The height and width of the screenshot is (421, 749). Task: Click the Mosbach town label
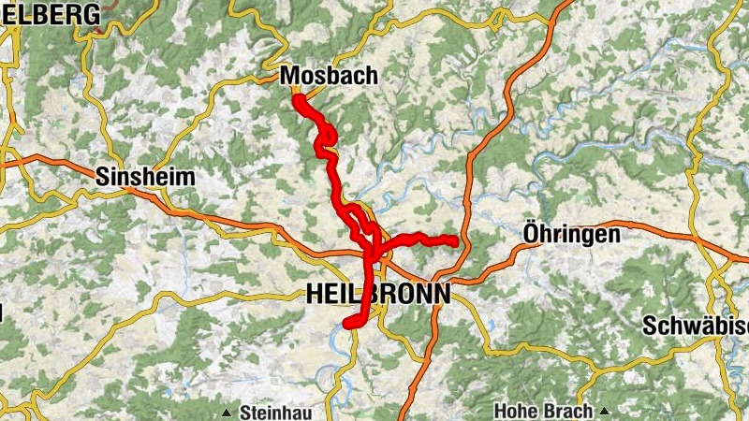click(x=328, y=76)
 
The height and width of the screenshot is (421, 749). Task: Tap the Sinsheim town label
click(x=145, y=177)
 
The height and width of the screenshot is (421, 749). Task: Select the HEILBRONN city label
click(x=377, y=294)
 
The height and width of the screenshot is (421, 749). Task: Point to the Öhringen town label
click(x=571, y=234)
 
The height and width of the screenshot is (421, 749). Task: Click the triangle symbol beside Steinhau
click(x=227, y=413)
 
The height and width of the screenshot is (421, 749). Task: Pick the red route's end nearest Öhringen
click(x=454, y=242)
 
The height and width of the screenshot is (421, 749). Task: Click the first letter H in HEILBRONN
click(x=314, y=294)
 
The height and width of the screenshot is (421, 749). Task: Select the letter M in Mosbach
click(x=289, y=76)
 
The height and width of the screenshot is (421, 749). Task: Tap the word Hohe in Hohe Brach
click(x=514, y=412)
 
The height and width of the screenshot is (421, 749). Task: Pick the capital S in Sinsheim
click(x=101, y=177)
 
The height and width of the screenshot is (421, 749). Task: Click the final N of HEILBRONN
click(x=441, y=294)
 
